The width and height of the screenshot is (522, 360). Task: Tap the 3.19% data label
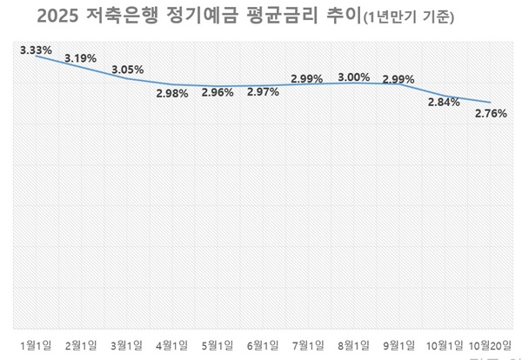[x=79, y=59]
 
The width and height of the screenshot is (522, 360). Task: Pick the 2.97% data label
[x=262, y=92]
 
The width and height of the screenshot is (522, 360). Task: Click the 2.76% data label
[x=490, y=113]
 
